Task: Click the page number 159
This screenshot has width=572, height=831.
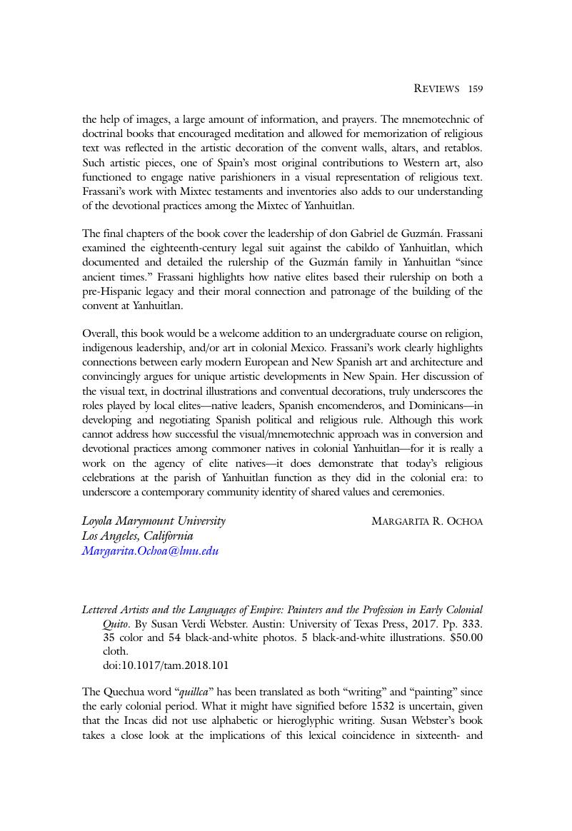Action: [x=476, y=89]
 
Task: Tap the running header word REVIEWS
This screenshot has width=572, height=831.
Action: [x=436, y=89]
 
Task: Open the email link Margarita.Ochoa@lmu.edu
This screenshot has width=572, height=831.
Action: [x=150, y=550]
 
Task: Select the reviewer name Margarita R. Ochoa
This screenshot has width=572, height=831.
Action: [x=427, y=521]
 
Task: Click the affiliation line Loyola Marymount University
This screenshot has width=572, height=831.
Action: [x=154, y=521]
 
